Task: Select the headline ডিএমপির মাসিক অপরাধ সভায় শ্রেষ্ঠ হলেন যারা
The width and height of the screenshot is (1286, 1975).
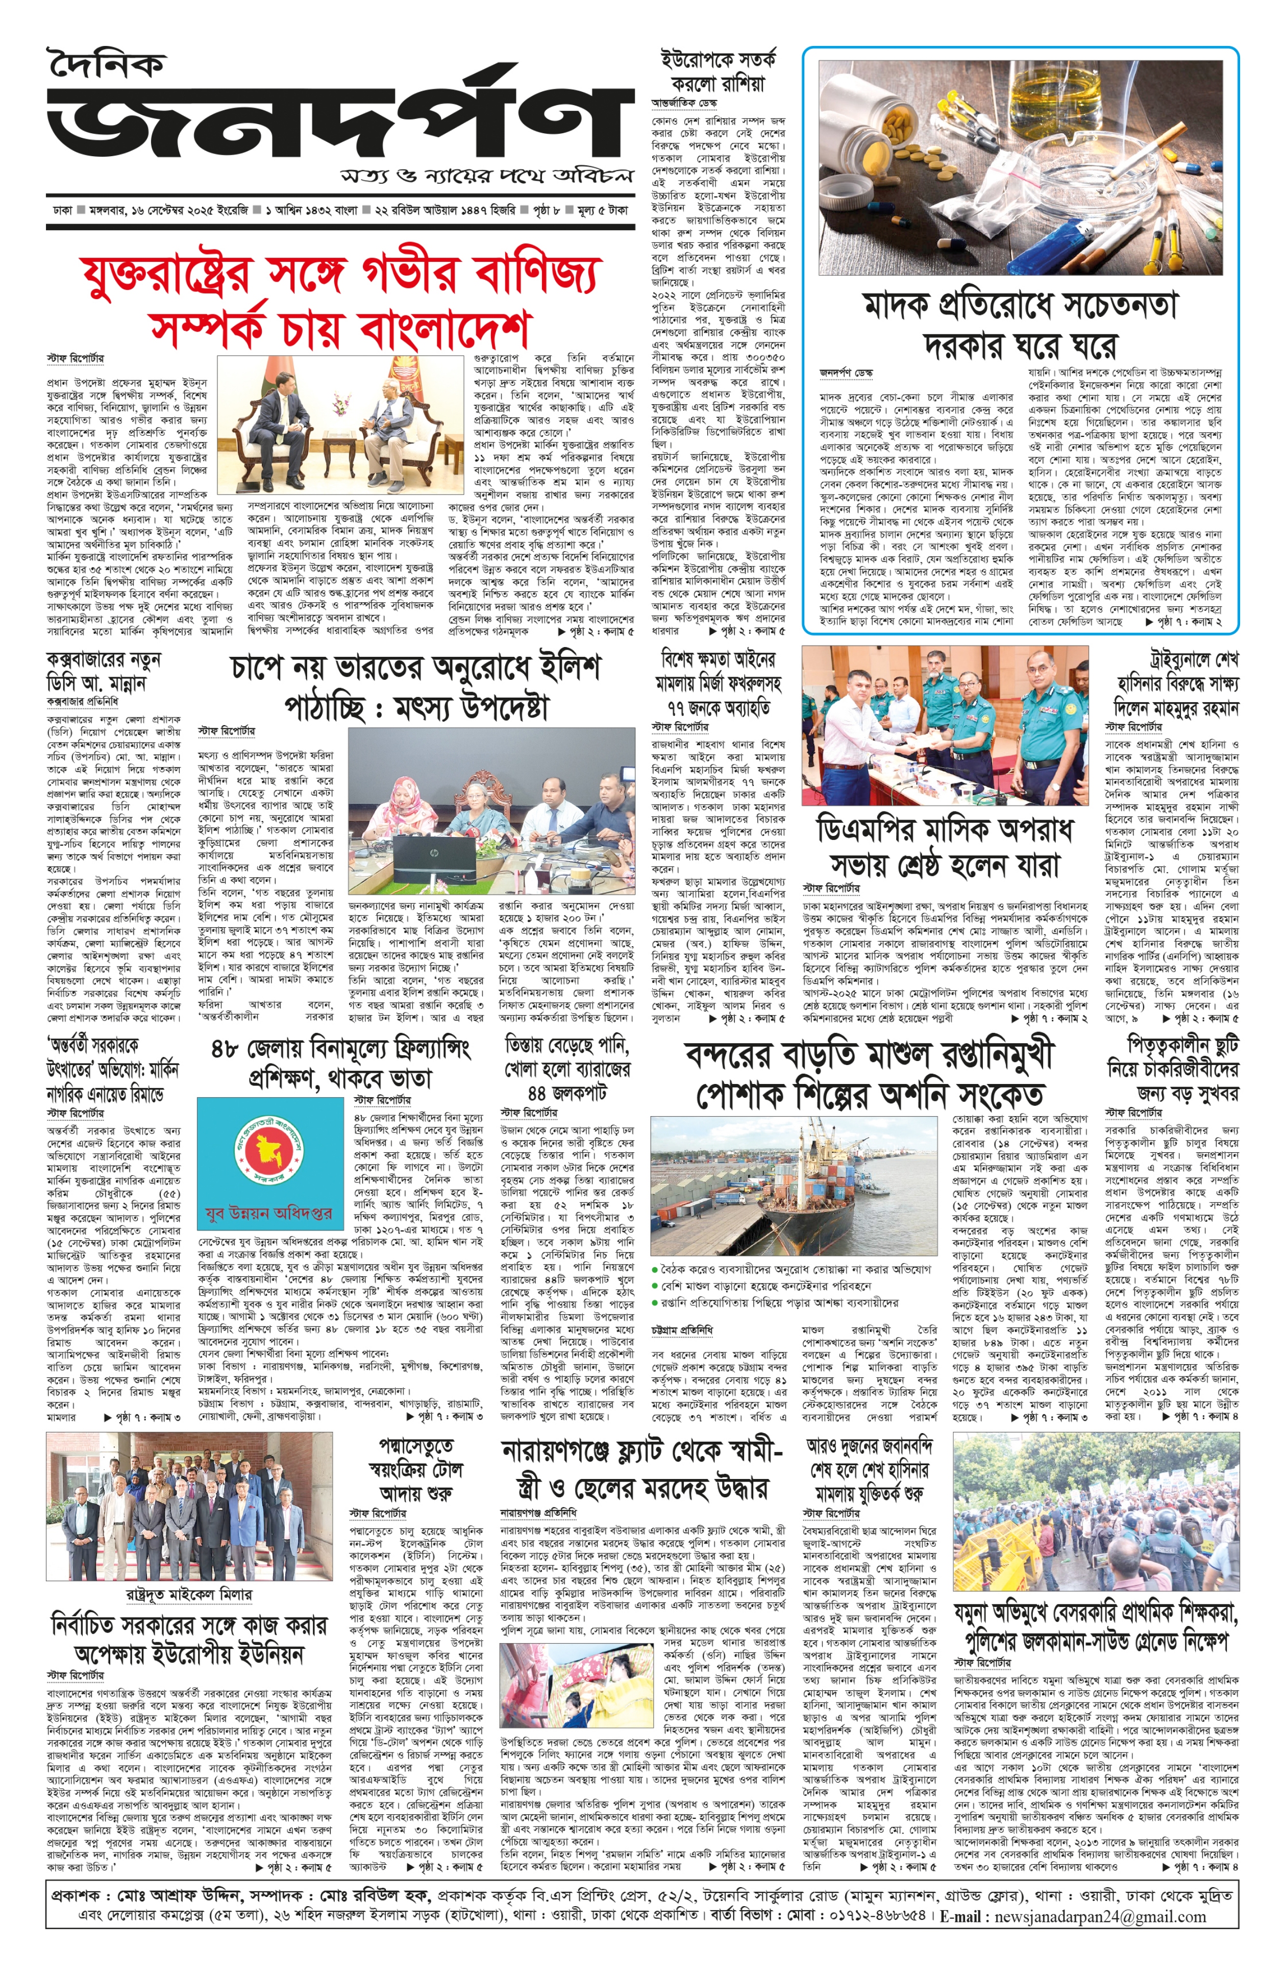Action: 945,847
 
